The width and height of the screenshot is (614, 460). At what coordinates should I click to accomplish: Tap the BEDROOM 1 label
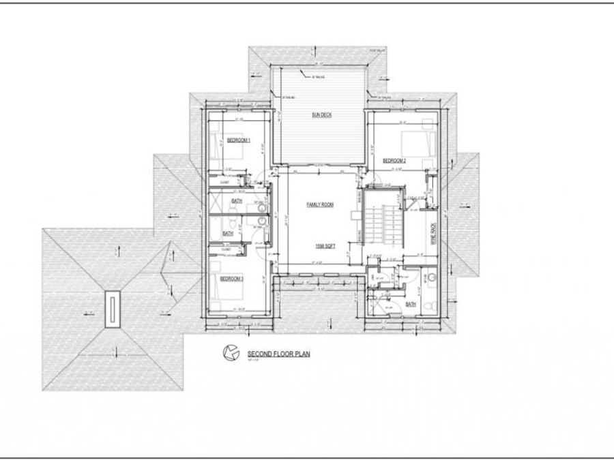239,140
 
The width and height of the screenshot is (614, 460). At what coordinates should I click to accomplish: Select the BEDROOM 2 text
394,161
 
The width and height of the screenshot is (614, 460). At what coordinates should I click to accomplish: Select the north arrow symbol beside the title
229,352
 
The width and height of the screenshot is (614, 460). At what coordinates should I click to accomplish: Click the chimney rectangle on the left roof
111,308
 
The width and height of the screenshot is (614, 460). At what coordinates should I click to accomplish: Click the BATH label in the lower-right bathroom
411,305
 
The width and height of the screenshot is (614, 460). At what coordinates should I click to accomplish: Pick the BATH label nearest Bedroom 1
237,202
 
